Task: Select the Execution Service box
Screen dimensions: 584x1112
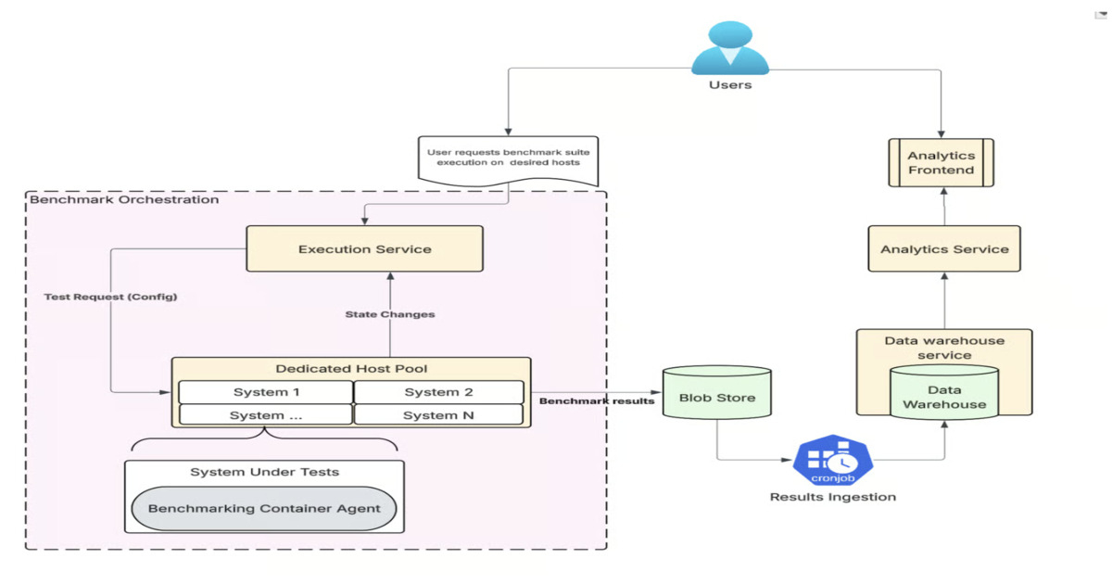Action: click(x=364, y=249)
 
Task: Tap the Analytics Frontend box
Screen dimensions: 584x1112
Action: click(x=941, y=163)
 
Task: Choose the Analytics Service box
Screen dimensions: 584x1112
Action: click(x=944, y=248)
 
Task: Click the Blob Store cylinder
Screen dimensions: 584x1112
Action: click(x=716, y=398)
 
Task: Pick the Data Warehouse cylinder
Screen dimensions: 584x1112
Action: click(x=944, y=396)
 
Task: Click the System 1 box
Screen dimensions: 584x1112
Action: click(x=266, y=392)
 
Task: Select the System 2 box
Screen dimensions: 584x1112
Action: click(x=438, y=392)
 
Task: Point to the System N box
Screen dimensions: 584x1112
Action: click(x=438, y=415)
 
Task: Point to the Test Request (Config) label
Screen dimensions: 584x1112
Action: click(x=110, y=297)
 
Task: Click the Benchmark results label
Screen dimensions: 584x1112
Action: click(x=597, y=400)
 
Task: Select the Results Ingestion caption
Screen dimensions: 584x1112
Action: click(x=833, y=497)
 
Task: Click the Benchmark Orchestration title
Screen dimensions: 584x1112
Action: click(x=125, y=199)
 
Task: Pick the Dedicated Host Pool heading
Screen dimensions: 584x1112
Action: click(x=351, y=369)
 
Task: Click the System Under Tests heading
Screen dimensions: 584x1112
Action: click(x=264, y=472)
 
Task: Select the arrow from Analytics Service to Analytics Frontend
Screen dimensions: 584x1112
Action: click(x=944, y=207)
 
